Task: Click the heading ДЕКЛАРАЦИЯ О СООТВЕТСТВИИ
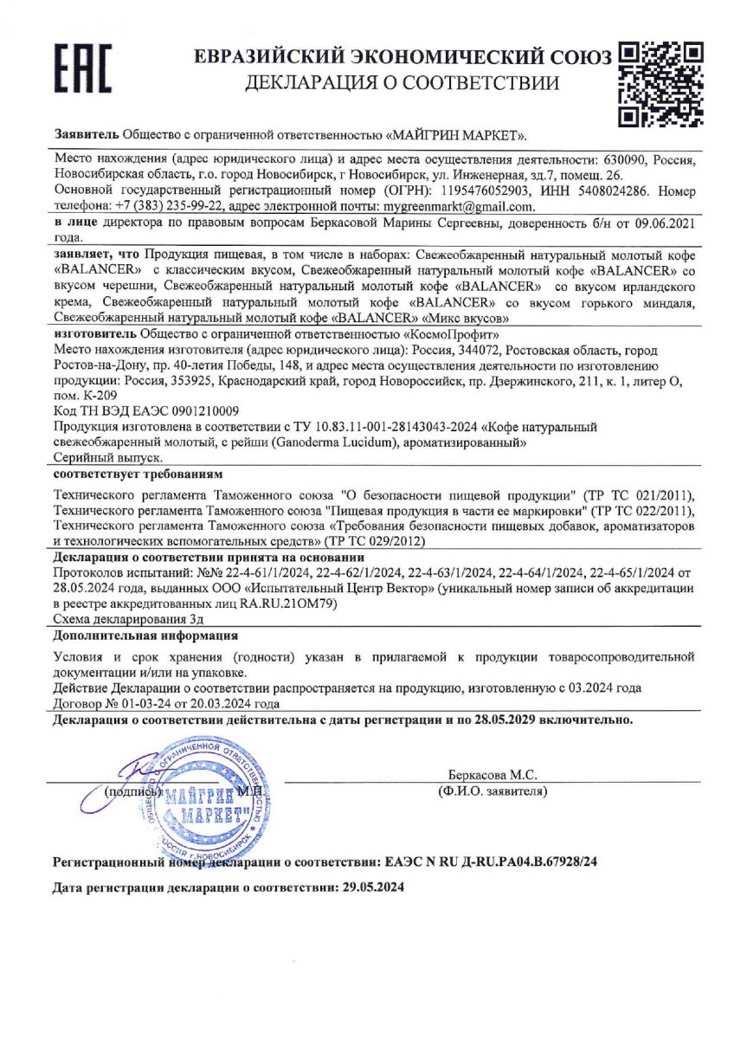[x=402, y=84]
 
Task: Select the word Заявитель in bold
[x=86, y=136]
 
